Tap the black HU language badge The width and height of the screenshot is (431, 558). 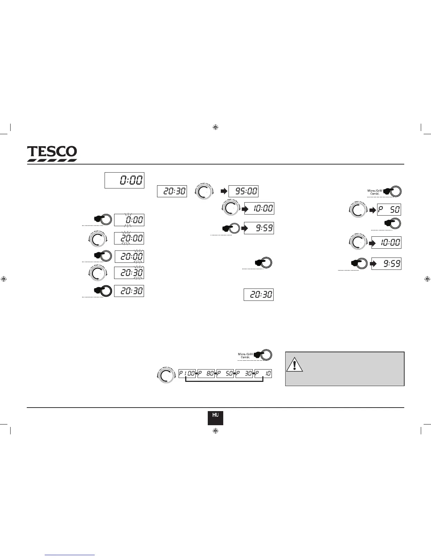[215, 418]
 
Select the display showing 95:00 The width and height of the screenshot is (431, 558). [243, 191]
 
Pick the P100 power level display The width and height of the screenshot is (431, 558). [187, 374]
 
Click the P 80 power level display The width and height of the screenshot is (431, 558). [206, 374]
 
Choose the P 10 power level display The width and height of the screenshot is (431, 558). [263, 374]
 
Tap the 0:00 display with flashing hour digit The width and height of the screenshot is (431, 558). [129, 220]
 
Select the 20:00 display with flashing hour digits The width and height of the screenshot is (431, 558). [129, 238]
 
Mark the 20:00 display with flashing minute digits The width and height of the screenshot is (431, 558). [129, 256]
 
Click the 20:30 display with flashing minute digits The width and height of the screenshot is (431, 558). [129, 273]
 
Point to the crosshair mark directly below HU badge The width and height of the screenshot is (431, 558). [216, 431]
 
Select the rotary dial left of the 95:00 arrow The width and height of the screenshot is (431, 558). [204, 192]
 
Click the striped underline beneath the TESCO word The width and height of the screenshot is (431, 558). [52, 160]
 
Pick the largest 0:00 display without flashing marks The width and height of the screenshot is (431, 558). [125, 180]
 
